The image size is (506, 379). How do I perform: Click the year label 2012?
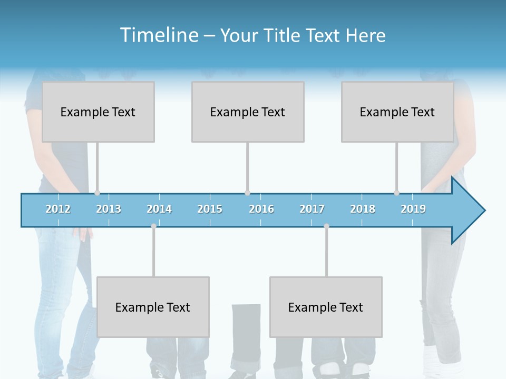point(58,209)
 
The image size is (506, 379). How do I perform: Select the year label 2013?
point(109,209)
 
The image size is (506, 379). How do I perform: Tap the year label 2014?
point(159,209)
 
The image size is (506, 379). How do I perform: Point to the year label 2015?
point(210,209)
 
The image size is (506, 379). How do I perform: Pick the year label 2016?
point(261,209)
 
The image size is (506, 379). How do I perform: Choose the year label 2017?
point(312,209)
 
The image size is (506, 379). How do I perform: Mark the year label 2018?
point(363,209)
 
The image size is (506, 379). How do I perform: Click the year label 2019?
point(413,209)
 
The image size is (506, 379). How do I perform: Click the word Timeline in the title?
point(159,35)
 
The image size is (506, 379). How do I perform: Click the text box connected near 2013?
point(98,112)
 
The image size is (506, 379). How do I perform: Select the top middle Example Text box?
point(248,112)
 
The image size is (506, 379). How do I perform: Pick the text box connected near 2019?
point(397,112)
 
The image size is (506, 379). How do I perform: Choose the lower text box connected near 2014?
point(153,307)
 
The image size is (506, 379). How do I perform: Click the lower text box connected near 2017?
point(326,307)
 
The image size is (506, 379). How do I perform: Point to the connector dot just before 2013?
point(97,193)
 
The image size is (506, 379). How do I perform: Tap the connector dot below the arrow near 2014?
point(153,226)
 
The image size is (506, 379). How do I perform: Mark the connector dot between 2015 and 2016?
point(247,193)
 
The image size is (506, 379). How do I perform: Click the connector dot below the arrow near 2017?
point(326,226)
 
